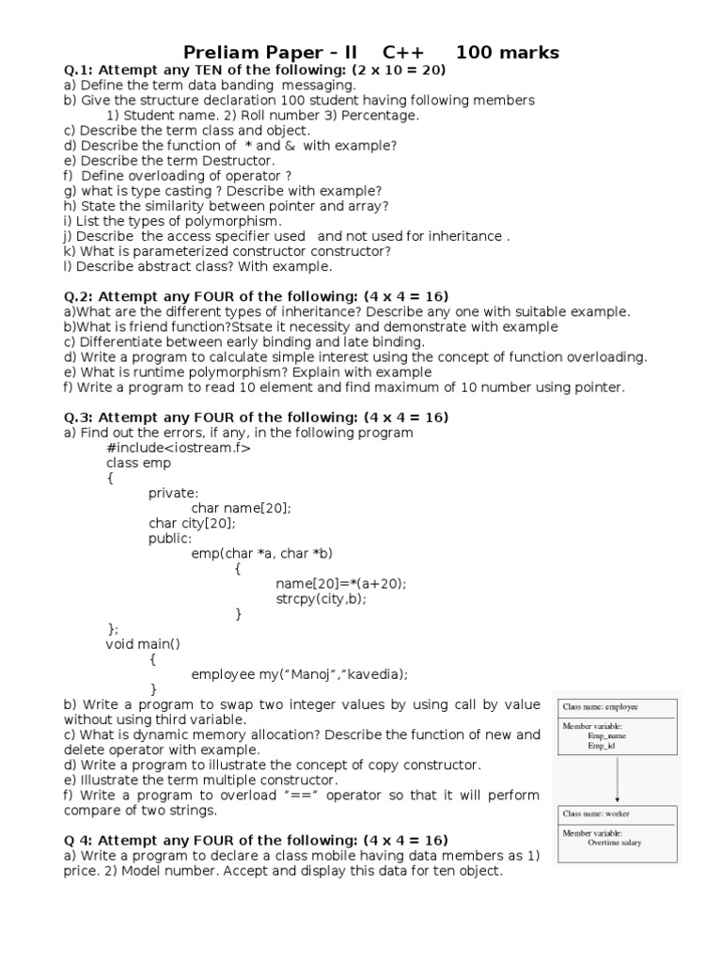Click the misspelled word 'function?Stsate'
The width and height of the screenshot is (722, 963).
193,327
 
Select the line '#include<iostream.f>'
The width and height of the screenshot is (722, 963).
178,448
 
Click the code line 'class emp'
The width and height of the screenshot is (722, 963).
138,463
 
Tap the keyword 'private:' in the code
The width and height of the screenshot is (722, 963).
174,493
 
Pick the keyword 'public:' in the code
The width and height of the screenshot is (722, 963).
170,538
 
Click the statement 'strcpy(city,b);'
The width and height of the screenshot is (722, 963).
321,598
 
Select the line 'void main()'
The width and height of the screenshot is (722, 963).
143,643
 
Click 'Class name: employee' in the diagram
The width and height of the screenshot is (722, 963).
600,705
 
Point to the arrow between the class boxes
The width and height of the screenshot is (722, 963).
617,779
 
